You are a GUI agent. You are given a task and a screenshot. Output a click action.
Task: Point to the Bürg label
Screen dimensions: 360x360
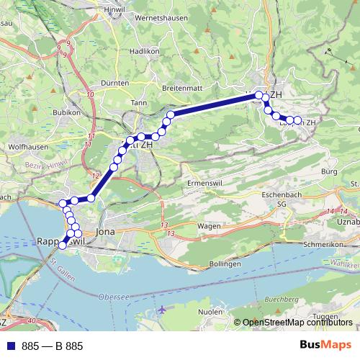click(x=330, y=171)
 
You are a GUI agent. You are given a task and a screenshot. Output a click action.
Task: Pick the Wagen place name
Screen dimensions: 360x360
click(x=209, y=225)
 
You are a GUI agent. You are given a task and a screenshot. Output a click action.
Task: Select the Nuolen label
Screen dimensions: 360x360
click(x=210, y=312)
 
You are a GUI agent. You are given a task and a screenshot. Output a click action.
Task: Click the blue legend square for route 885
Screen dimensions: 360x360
click(x=9, y=346)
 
